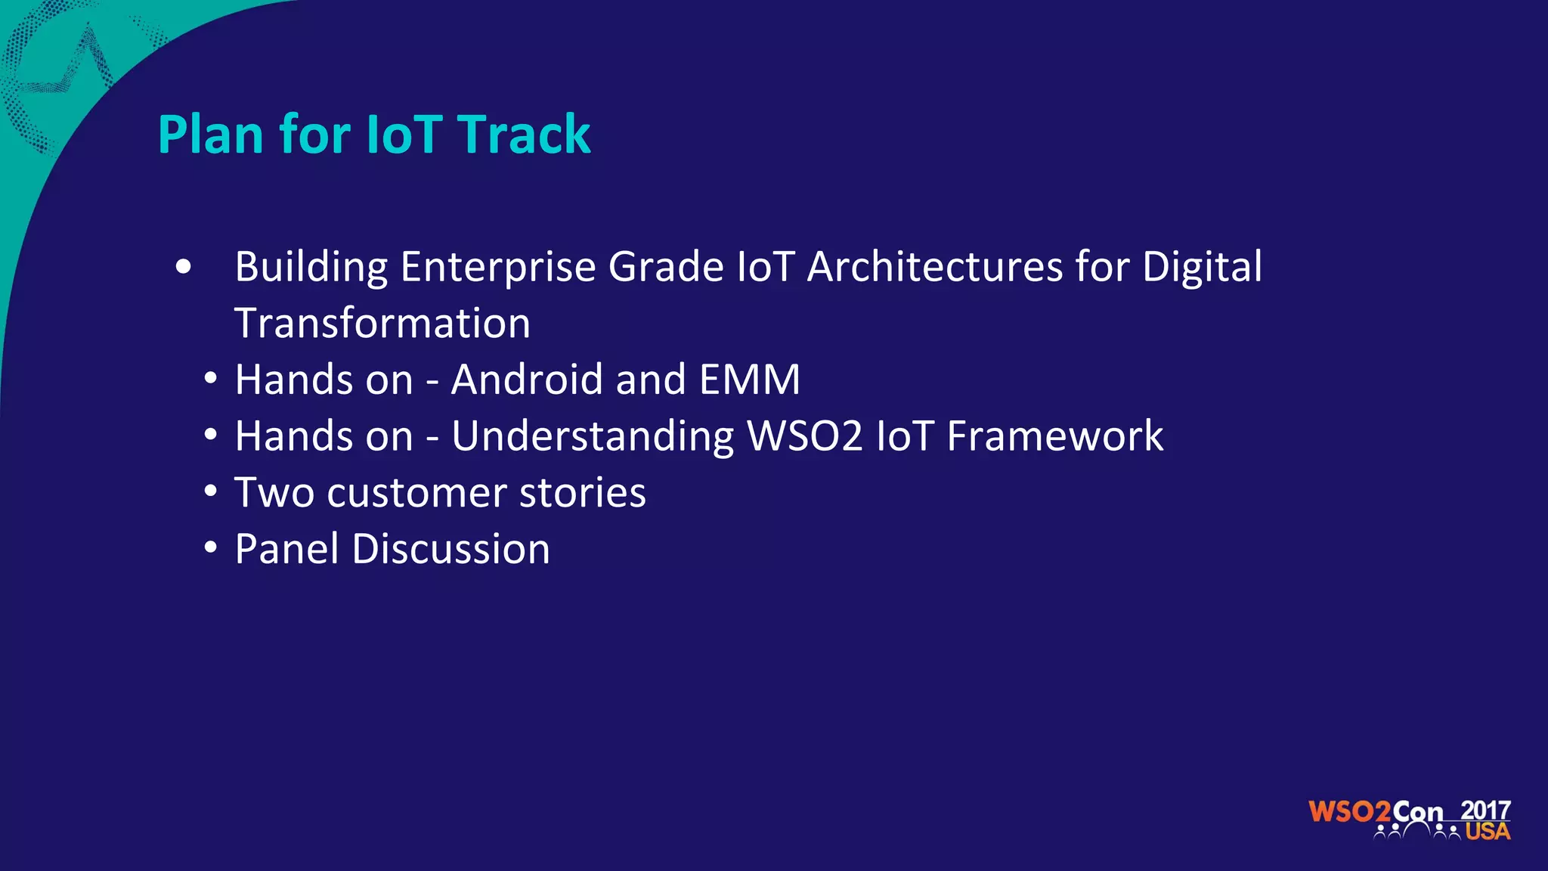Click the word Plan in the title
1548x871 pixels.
(x=210, y=135)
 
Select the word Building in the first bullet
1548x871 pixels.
(x=311, y=267)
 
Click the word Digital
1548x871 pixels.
(x=1202, y=267)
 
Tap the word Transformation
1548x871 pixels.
(x=382, y=324)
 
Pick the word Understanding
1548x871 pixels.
(x=593, y=436)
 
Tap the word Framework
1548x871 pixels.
(x=1055, y=436)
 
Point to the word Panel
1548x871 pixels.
(x=286, y=549)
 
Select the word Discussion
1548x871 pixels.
(x=451, y=549)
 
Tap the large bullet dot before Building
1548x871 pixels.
(x=183, y=267)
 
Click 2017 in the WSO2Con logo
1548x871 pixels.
(x=1485, y=811)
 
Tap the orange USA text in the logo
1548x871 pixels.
(x=1488, y=832)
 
